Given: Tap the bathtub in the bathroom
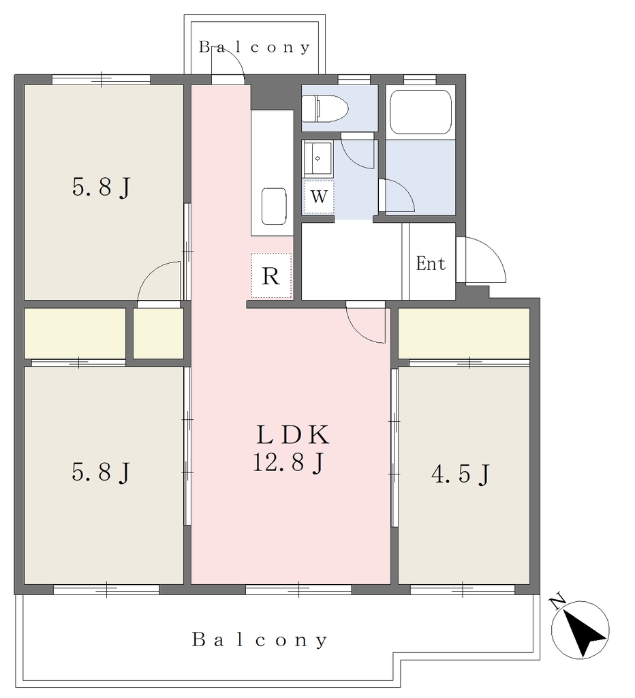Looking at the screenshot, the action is point(420,112).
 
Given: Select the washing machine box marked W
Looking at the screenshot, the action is point(319,196).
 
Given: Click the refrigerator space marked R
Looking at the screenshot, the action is point(271,275).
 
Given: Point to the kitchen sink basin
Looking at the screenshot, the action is point(274,207).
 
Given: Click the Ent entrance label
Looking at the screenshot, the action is point(431,264).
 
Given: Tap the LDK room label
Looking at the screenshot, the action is point(293,435).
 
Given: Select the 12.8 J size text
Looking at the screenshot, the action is point(288,462).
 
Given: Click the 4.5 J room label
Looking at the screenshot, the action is point(461,474).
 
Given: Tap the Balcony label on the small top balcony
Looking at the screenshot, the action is point(254,47).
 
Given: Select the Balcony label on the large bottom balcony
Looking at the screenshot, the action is point(260,639).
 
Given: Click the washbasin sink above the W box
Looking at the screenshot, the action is point(318,158).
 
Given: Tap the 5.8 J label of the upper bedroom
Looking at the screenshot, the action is point(102,187).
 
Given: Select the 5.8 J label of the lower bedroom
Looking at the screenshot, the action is point(101,472).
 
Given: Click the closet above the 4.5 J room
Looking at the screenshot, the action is point(464,333).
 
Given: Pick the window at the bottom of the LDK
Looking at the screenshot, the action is point(298,590).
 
